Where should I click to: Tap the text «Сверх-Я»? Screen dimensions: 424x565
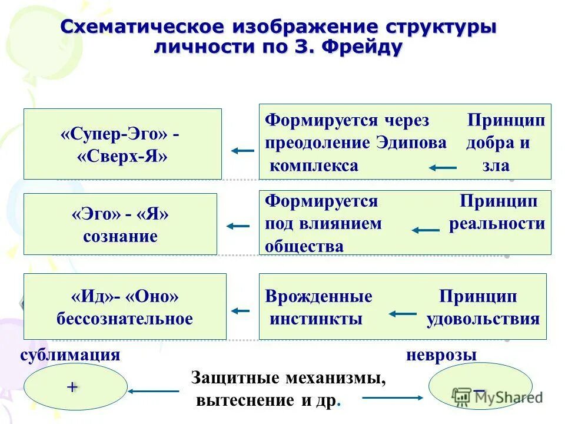pos(122,155)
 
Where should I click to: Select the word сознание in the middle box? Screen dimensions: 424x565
pos(119,236)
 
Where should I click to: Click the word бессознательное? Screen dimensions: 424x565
pos(125,319)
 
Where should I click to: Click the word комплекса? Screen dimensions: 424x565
pos(314,165)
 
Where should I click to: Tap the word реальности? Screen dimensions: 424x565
pos(497,224)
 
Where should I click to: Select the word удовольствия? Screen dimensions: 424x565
pos(483,319)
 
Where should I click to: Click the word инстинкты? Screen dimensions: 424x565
pos(316,319)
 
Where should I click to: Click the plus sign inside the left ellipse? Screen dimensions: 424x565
pos(72,387)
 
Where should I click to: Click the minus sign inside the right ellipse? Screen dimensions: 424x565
pos(480,390)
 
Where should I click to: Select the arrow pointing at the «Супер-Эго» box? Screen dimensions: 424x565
pos(242,151)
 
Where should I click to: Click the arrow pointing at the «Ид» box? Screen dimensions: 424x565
pos(240,310)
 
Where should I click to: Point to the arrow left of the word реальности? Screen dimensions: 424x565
pos(426,230)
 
